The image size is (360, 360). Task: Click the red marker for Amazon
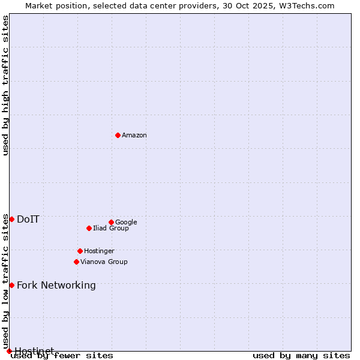[x=118, y=135]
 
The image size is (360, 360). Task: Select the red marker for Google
[x=111, y=222]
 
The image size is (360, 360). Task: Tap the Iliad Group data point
[x=89, y=228]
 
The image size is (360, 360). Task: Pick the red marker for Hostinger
[x=80, y=251]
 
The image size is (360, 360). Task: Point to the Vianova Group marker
[x=76, y=262]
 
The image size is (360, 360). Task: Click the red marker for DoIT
[x=11, y=219]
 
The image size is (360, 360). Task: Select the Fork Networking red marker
[x=11, y=285]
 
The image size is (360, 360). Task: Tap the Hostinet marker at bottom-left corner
[x=9, y=351]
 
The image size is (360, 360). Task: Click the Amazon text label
[x=134, y=136]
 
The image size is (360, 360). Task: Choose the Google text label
[x=126, y=223]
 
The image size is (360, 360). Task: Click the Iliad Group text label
[x=111, y=229]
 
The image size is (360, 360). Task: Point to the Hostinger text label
[x=99, y=251]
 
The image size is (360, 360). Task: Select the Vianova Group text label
[x=104, y=262]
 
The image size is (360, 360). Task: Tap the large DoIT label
[x=28, y=220]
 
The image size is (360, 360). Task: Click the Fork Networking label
[x=56, y=286]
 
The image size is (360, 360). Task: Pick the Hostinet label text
[x=34, y=351]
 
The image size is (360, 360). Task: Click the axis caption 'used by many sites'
[x=301, y=356]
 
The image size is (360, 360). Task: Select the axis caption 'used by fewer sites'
[x=62, y=356]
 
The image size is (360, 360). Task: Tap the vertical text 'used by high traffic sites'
[x=5, y=85]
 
